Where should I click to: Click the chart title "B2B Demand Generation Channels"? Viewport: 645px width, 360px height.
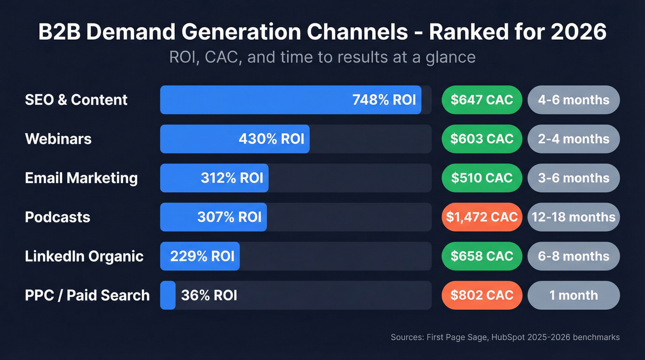tap(322, 32)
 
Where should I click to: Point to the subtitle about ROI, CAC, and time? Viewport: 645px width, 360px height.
tap(322, 57)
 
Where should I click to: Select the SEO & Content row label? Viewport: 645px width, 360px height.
tap(76, 100)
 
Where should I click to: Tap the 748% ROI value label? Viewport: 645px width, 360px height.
tap(384, 100)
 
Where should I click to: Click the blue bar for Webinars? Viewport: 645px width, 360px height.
tap(235, 139)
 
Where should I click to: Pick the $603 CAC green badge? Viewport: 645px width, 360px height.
tap(481, 139)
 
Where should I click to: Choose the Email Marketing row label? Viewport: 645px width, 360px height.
tap(81, 178)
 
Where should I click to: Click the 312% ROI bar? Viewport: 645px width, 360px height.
tap(214, 178)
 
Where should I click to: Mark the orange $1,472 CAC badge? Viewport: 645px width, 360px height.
tap(481, 217)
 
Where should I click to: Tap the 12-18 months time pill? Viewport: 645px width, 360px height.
tap(574, 217)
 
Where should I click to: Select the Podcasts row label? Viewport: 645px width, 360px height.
tap(58, 217)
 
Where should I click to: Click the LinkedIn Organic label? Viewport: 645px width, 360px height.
tap(84, 256)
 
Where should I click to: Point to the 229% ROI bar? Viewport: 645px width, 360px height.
tap(200, 256)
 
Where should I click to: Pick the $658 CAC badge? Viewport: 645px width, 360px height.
tap(481, 256)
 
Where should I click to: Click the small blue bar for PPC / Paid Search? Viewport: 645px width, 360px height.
tap(168, 295)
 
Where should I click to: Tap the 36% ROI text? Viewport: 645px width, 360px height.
tap(209, 295)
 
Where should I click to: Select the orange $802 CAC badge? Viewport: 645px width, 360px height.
tap(481, 295)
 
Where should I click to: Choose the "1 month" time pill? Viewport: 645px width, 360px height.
tap(574, 295)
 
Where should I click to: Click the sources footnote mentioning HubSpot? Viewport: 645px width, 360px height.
tap(505, 337)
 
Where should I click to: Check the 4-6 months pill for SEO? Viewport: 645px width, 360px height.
tap(574, 100)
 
